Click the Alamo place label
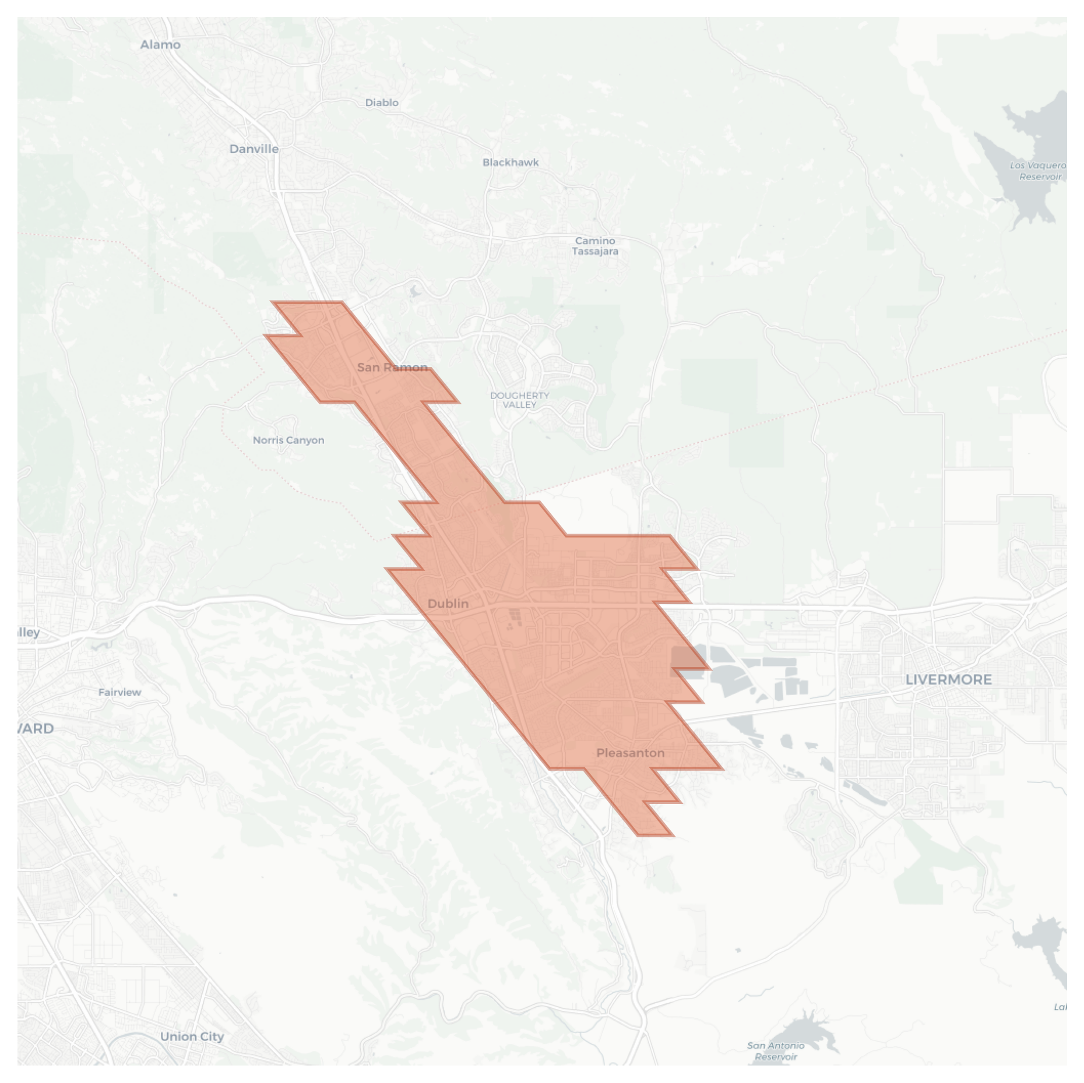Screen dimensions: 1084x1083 (x=160, y=45)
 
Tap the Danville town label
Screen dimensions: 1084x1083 (x=254, y=149)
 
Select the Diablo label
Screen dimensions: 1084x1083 (x=382, y=103)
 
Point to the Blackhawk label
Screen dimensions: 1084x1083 (x=511, y=163)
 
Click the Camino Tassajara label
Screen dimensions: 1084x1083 (x=595, y=246)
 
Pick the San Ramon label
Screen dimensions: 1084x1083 (x=392, y=368)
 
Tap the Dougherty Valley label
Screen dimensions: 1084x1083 (x=519, y=400)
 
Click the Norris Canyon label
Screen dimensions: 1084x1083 (x=288, y=440)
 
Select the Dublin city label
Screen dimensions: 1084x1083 (x=448, y=604)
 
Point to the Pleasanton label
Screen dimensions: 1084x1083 (x=630, y=753)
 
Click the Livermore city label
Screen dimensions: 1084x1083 (x=948, y=679)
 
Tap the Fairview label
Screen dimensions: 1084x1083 (x=119, y=692)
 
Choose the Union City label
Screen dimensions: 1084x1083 (x=192, y=1036)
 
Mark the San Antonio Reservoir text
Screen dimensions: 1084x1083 (x=775, y=1051)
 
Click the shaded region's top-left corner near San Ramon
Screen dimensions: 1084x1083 (x=273, y=302)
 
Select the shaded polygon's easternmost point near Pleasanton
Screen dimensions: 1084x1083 (x=723, y=769)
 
